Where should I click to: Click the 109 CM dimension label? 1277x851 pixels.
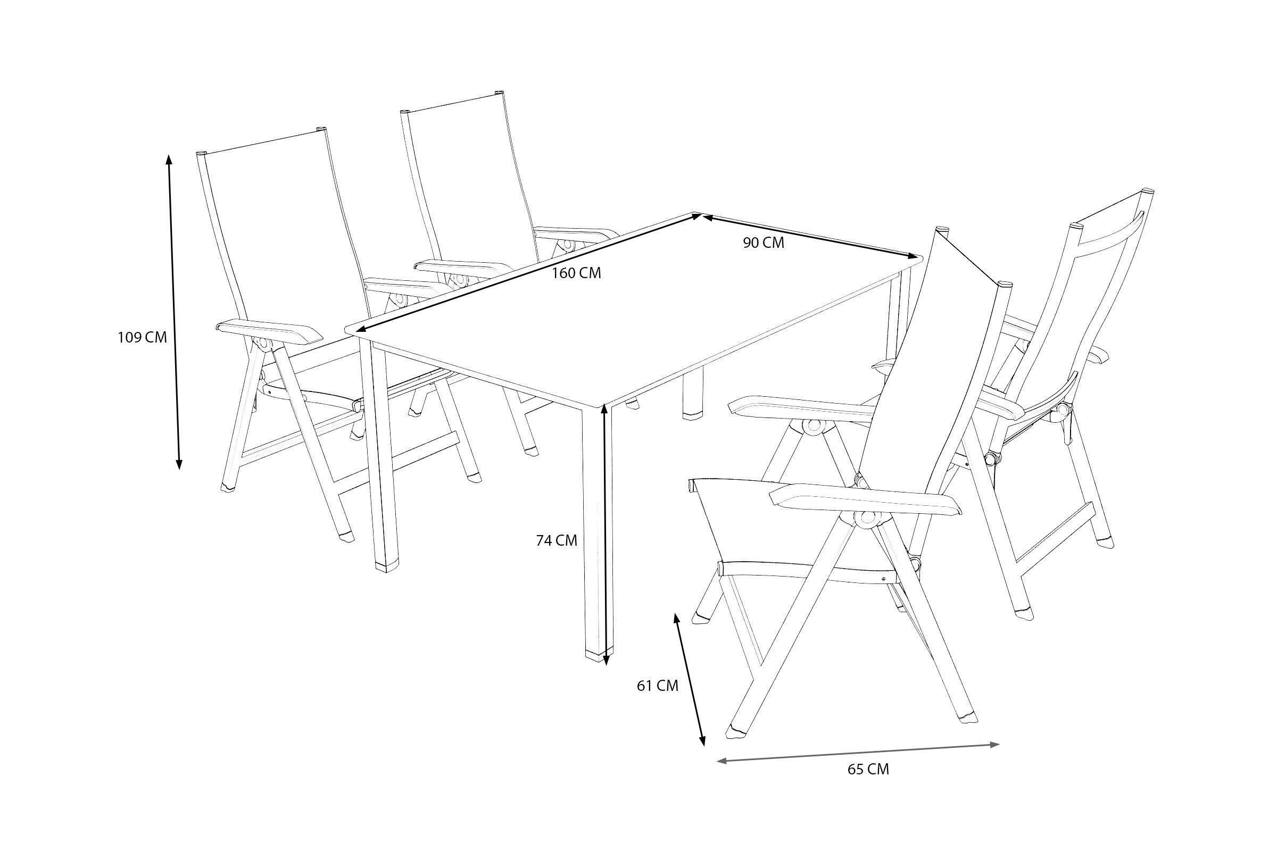(142, 338)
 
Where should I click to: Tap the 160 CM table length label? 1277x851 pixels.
(576, 273)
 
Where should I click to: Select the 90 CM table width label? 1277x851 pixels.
(764, 243)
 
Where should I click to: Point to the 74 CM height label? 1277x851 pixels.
(557, 540)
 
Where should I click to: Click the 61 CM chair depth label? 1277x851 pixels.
(658, 686)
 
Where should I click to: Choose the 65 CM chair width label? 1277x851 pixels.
(868, 770)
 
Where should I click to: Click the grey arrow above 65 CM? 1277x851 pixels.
(858, 753)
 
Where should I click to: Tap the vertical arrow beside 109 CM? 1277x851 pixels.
(174, 312)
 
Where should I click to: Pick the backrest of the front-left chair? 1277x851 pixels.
(283, 239)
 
